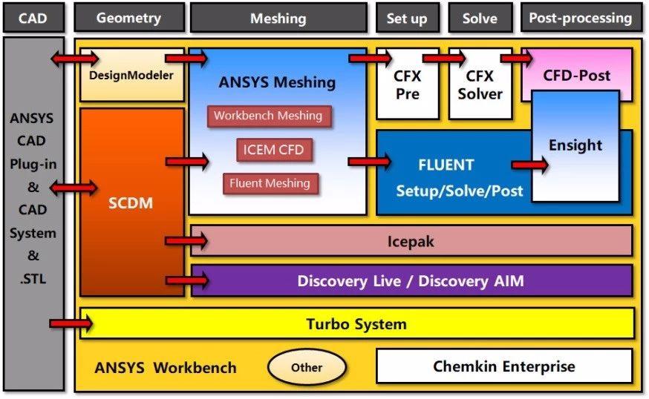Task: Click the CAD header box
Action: click(33, 18)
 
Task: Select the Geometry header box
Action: click(129, 18)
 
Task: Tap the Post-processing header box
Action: click(580, 18)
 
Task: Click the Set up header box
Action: click(406, 18)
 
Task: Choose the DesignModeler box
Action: click(131, 76)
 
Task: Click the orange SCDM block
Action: click(131, 202)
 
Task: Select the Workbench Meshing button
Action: click(268, 116)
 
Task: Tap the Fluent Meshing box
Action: click(270, 183)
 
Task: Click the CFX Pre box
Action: click(407, 85)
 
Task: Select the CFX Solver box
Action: click(480, 85)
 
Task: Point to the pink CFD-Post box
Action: click(576, 75)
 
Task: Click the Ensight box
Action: click(575, 146)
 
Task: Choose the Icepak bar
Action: click(411, 241)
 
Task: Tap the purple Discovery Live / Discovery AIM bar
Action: click(411, 281)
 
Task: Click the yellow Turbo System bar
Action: click(356, 324)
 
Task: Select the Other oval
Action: click(307, 367)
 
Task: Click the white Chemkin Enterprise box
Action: click(504, 366)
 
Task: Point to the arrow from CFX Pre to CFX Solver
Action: click(443, 57)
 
